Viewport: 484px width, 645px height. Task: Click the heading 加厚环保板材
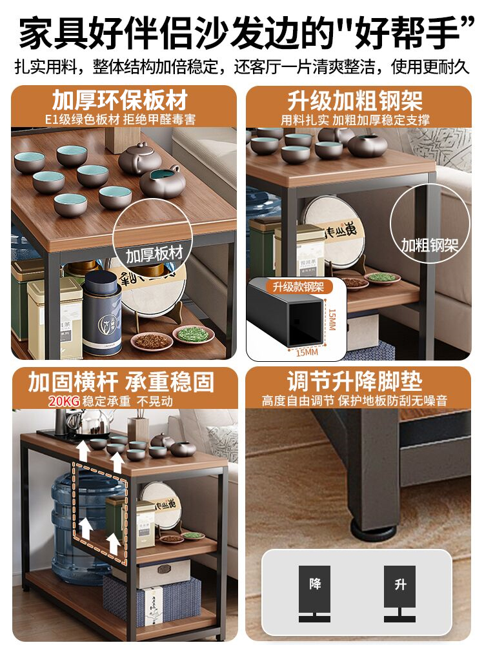point(120,101)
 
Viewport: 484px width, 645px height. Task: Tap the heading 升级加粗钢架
point(355,101)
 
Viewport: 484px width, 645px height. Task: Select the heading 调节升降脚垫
point(355,381)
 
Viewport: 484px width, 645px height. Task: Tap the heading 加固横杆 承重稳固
point(120,382)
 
